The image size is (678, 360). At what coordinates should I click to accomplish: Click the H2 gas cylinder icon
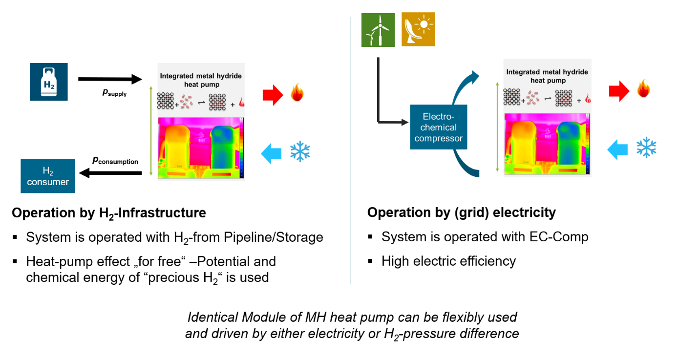49,82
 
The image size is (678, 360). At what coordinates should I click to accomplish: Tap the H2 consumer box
48,176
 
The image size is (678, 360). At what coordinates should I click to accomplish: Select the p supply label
114,92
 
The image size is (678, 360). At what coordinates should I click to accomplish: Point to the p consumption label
115,161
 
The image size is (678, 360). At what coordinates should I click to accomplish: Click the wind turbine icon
378,30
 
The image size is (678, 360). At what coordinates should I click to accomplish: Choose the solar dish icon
418,30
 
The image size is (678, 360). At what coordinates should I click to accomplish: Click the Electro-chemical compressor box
439,127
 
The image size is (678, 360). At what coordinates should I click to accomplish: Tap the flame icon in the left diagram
297,93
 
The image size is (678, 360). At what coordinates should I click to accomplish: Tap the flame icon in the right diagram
644,89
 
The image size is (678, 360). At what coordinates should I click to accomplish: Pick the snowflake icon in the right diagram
646,147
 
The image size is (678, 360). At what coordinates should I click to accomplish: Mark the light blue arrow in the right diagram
617,148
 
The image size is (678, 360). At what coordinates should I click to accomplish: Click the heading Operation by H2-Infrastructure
109,213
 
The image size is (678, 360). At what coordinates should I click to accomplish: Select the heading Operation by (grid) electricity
462,212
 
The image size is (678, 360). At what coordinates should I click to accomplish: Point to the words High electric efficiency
448,261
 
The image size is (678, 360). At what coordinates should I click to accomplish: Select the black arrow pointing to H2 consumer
110,172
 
